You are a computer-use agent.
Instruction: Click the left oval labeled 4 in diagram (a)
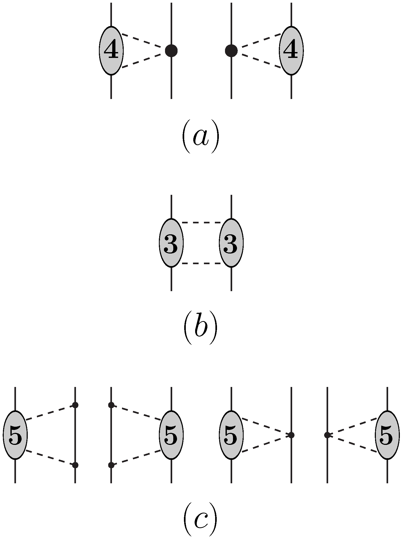pos(111,50)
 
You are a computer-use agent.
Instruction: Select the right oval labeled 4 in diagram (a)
pos(291,50)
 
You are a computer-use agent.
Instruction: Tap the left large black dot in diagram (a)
pos(171,51)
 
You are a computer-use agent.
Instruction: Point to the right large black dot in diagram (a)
pos(231,51)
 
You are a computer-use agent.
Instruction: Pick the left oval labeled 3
pos(171,243)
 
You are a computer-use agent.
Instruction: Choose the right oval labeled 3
pos(231,243)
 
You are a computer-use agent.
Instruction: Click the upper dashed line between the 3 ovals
pos(201,222)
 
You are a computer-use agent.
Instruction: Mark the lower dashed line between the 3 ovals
pos(201,263)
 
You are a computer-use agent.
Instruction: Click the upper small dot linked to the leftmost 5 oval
pos(75,405)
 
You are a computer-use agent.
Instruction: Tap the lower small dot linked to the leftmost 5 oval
pos(75,465)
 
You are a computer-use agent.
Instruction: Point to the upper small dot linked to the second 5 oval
pos(111,405)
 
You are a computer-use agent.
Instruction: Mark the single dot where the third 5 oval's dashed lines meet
pos(291,435)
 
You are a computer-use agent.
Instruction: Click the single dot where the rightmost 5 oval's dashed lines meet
pos(327,435)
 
